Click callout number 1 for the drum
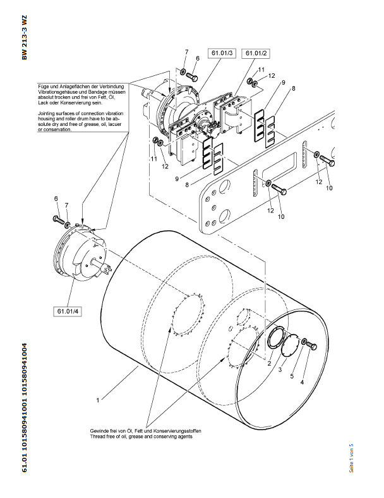[97, 401]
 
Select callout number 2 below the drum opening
[268, 363]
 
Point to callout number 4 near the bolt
[302, 382]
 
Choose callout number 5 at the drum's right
[292, 376]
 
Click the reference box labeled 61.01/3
[224, 53]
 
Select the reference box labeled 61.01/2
[256, 53]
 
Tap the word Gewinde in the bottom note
[100, 431]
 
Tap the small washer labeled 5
[304, 342]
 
